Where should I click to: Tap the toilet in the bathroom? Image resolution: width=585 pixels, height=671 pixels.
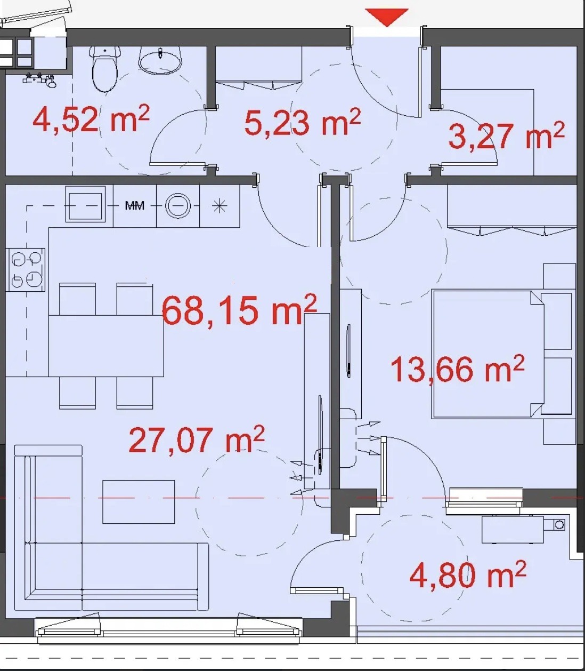pyautogui.click(x=105, y=69)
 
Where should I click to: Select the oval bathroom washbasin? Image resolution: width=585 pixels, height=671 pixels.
pyautogui.click(x=160, y=61)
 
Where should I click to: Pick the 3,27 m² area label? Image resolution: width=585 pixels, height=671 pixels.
pyautogui.click(x=506, y=135)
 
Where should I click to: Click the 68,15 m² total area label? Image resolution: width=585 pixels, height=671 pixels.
pyautogui.click(x=239, y=309)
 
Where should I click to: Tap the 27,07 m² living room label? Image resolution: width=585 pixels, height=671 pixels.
pyautogui.click(x=197, y=439)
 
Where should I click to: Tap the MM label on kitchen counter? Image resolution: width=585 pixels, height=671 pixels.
pyautogui.click(x=135, y=206)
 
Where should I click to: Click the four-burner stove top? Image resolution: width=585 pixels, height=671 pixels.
pyautogui.click(x=25, y=270)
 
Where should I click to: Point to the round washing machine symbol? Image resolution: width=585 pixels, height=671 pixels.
pyautogui.click(x=178, y=206)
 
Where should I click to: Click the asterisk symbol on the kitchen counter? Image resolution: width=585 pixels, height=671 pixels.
pyautogui.click(x=220, y=206)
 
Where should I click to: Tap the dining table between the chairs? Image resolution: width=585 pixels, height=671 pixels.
pyautogui.click(x=106, y=346)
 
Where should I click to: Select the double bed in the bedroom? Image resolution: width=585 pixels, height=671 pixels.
pyautogui.click(x=488, y=354)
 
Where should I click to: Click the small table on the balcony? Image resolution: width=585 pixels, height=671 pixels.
pyautogui.click(x=513, y=529)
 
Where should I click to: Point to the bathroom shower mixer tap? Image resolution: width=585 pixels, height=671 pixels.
pyautogui.click(x=39, y=79)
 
